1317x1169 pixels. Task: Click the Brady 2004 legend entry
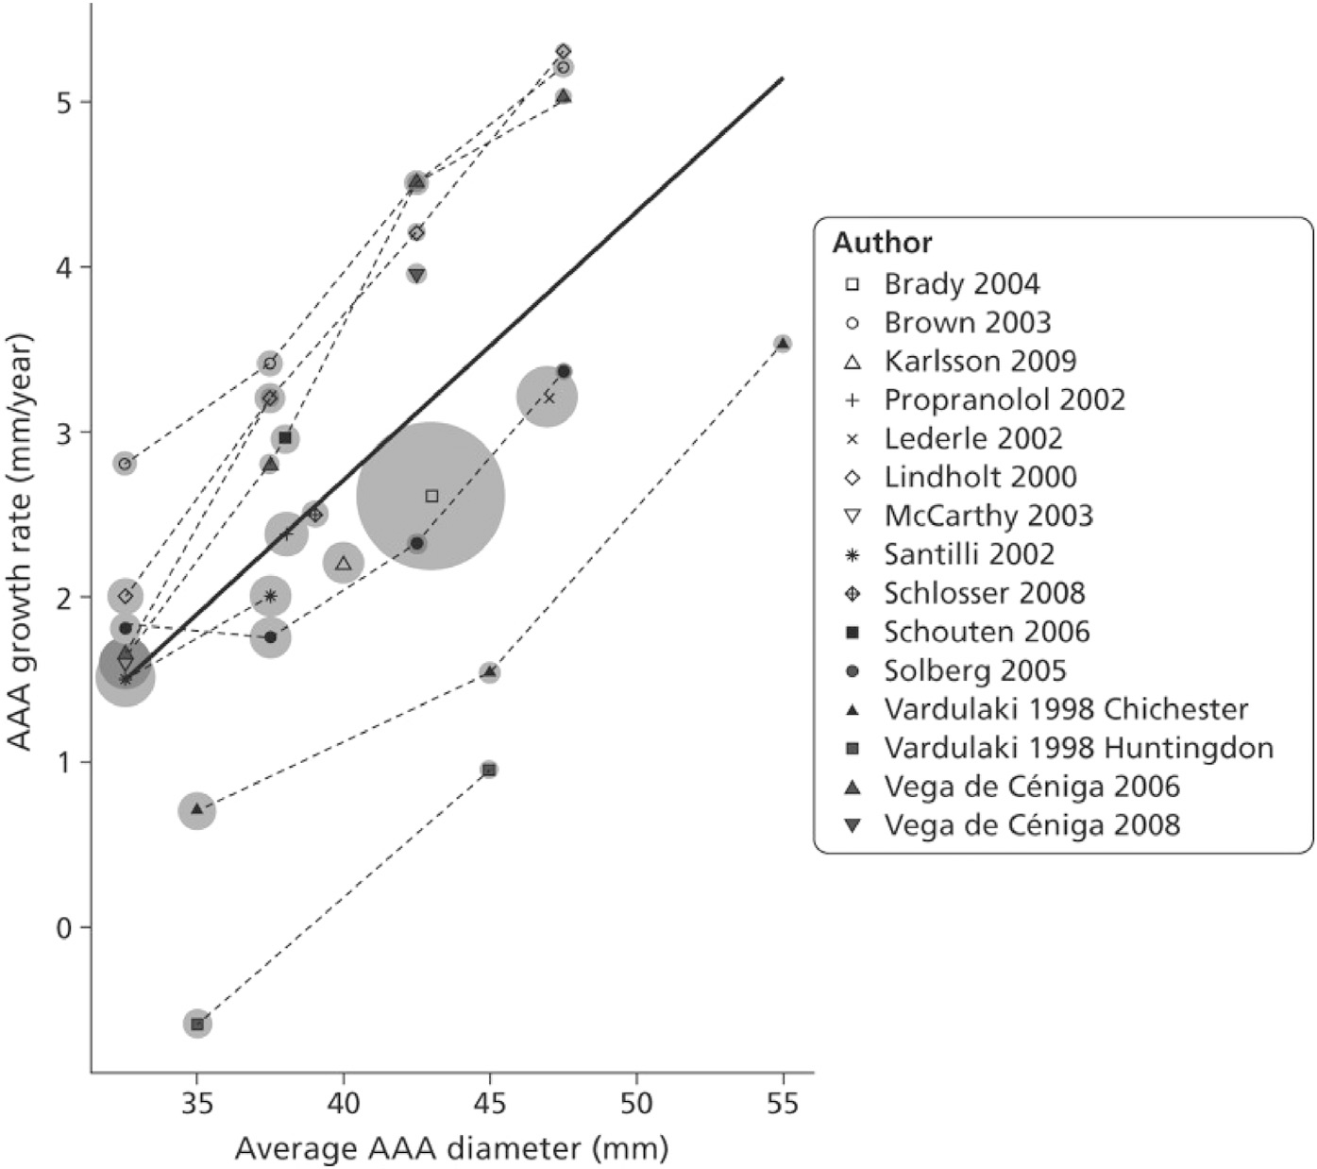click(x=961, y=284)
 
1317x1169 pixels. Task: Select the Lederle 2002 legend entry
click(x=972, y=439)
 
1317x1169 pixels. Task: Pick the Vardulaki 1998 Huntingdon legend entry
click(x=1078, y=748)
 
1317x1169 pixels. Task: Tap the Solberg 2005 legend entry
click(x=974, y=670)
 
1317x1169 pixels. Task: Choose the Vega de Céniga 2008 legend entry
click(x=1031, y=825)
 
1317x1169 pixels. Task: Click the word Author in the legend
click(x=882, y=243)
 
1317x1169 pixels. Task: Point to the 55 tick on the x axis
click(x=783, y=1103)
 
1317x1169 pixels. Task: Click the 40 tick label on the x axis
click(x=344, y=1103)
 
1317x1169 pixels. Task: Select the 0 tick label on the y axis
click(x=64, y=927)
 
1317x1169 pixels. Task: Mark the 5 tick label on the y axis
click(x=64, y=102)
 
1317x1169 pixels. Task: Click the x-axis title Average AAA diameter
click(x=451, y=1148)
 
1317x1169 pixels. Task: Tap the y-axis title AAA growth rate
click(x=21, y=540)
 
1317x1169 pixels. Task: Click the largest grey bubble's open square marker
click(x=431, y=496)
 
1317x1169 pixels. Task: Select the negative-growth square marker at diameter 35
click(x=196, y=1025)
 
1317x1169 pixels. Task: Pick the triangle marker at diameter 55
click(x=782, y=344)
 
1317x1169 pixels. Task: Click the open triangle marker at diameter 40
click(x=344, y=564)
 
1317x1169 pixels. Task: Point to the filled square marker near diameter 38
click(x=285, y=437)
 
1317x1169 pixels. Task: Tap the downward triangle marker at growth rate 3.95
click(x=416, y=275)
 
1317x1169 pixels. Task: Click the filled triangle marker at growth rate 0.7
click(x=196, y=809)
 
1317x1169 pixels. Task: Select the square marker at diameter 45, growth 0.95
click(x=489, y=770)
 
